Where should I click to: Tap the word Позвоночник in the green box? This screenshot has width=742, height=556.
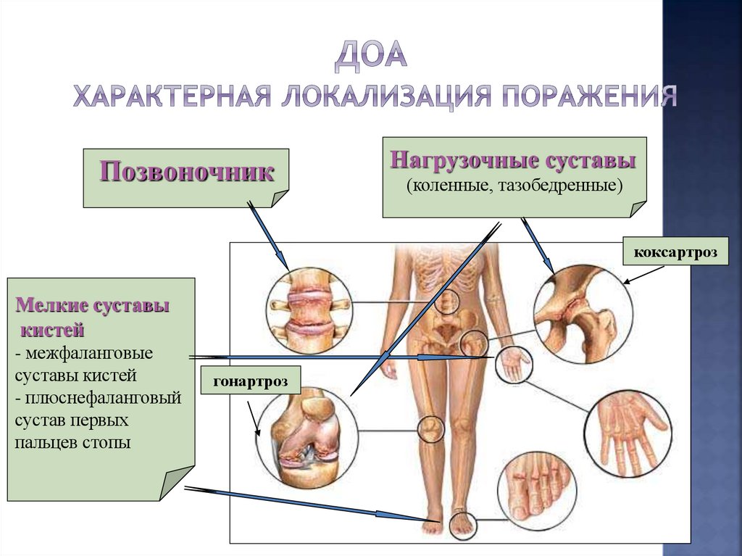(x=187, y=173)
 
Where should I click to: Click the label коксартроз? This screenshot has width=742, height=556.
(x=675, y=253)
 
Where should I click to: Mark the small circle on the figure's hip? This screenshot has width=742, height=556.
(x=474, y=343)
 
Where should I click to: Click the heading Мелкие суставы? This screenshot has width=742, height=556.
(x=93, y=305)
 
